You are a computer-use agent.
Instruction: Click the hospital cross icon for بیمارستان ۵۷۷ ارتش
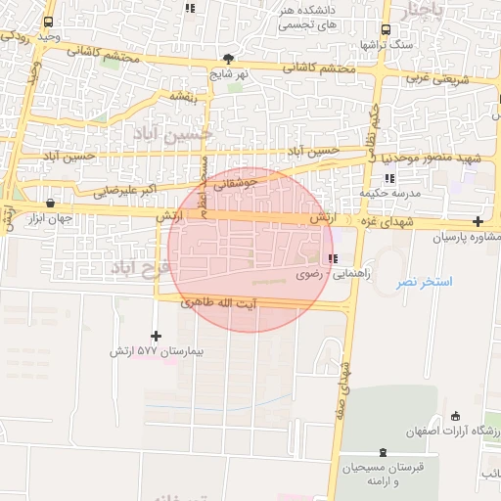[x=156, y=336]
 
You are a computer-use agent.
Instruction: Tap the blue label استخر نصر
[x=424, y=282]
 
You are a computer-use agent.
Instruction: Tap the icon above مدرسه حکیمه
[x=390, y=179]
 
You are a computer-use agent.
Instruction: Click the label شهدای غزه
[x=386, y=224]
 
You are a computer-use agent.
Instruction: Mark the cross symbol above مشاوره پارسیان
[x=477, y=222]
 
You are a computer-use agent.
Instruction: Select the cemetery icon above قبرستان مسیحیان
[x=382, y=452]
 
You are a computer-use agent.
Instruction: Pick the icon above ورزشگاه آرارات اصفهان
[x=455, y=415]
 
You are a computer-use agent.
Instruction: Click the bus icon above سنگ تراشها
[x=386, y=29]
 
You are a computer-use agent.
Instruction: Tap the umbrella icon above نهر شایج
[x=229, y=59]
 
